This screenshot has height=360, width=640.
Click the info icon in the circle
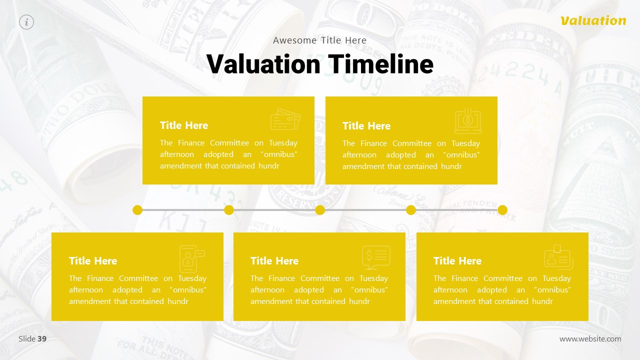[26, 22]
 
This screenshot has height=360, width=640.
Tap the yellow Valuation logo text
[593, 20]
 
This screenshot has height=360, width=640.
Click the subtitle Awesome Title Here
[320, 40]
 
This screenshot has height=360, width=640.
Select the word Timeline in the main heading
[381, 64]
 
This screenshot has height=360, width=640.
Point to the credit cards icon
[285, 119]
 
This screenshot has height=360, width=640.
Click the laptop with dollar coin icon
[468, 121]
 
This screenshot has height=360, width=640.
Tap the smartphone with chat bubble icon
[191, 258]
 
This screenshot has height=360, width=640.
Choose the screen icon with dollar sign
[376, 257]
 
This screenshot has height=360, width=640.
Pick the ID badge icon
[558, 257]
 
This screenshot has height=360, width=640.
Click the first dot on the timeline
[137, 210]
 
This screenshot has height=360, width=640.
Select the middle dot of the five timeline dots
[320, 210]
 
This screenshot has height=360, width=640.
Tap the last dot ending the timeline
[502, 210]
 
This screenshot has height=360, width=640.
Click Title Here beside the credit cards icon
[184, 125]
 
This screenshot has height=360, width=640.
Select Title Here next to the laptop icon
[366, 126]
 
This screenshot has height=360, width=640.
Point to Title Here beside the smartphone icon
[93, 261]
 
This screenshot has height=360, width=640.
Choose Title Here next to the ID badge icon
[457, 261]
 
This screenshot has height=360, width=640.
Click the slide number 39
[42, 339]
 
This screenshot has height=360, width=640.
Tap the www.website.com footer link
[590, 339]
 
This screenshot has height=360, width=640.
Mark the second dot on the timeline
[229, 210]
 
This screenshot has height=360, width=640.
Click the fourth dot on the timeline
[411, 210]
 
